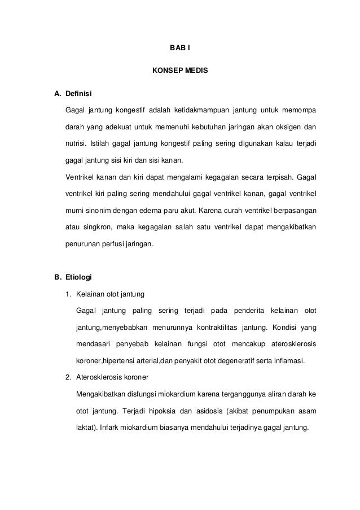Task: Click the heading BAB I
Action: point(180,49)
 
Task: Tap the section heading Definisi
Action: point(79,93)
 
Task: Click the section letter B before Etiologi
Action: point(57,278)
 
